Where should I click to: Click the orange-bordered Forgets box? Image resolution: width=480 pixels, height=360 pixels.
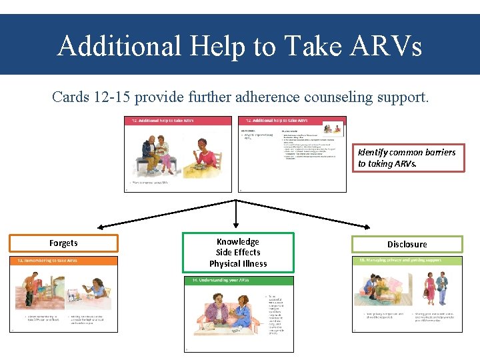click(x=63, y=243)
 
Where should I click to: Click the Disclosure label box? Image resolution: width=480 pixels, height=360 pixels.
click(x=407, y=244)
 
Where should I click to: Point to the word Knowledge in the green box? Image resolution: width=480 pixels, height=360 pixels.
click(x=238, y=241)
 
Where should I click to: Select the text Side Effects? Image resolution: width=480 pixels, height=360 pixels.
click(x=238, y=253)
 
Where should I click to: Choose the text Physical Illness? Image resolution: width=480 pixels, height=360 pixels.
click(x=238, y=263)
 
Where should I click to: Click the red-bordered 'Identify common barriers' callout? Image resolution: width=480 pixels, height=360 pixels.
click(x=408, y=157)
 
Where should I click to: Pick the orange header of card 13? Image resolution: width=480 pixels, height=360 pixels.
click(x=63, y=261)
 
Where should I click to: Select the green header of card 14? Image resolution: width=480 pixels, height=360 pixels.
click(x=238, y=281)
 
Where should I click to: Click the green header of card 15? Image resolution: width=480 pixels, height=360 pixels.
click(x=407, y=261)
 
